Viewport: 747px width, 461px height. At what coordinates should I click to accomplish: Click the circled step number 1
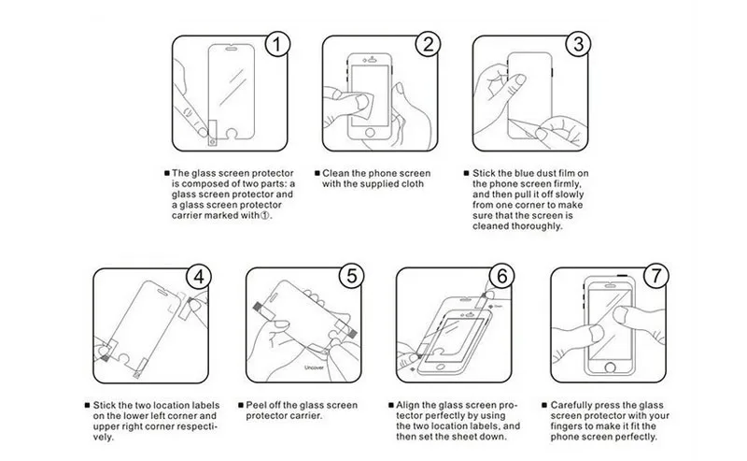[x=276, y=44]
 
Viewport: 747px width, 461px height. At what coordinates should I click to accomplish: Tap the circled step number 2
[x=428, y=44]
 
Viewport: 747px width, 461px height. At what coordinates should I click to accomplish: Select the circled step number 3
[x=578, y=44]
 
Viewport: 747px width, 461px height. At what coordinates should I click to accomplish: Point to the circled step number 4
[x=198, y=277]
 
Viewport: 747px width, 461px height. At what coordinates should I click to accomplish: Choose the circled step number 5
[x=352, y=276]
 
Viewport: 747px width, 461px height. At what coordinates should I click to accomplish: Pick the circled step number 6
[x=501, y=276]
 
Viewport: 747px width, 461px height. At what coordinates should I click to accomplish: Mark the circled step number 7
[x=656, y=275]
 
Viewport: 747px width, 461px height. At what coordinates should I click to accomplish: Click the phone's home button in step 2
[x=370, y=132]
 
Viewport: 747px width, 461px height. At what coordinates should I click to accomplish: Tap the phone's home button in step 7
[x=610, y=367]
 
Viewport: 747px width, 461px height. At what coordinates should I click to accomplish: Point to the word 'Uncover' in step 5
[x=314, y=367]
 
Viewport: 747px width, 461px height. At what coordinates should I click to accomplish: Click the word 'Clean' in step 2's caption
[x=336, y=173]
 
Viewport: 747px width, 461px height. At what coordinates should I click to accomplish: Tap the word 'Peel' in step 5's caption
[x=256, y=405]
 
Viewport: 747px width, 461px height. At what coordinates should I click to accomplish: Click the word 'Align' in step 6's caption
[x=408, y=406]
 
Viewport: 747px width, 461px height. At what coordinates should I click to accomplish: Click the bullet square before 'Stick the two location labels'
[x=87, y=405]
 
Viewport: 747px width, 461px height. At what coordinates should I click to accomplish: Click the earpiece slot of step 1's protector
[x=231, y=49]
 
